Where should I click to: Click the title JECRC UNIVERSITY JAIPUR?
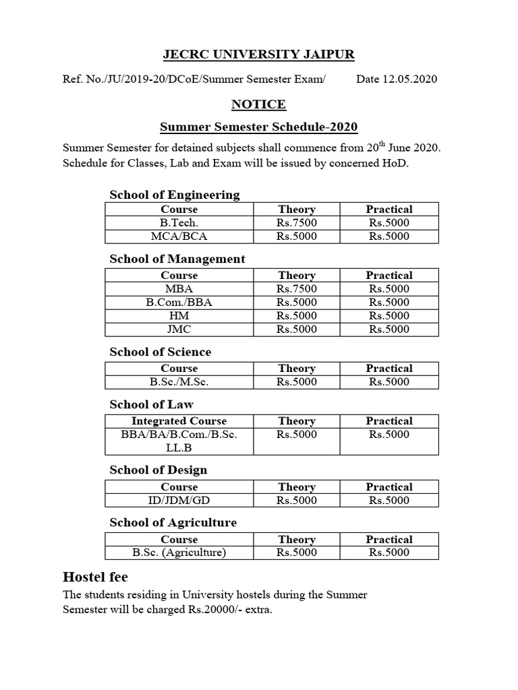(x=259, y=54)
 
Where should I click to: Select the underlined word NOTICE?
(x=258, y=104)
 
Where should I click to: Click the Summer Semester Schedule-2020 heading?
(x=258, y=127)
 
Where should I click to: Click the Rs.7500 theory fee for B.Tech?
(x=297, y=223)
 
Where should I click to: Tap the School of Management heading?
(x=177, y=259)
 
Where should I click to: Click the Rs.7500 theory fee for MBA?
(x=297, y=289)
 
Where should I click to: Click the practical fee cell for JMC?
(x=389, y=330)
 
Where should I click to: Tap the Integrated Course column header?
(x=179, y=421)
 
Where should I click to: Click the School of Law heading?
(x=151, y=404)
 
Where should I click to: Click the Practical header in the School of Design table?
(x=389, y=487)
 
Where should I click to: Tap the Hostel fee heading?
(x=95, y=577)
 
